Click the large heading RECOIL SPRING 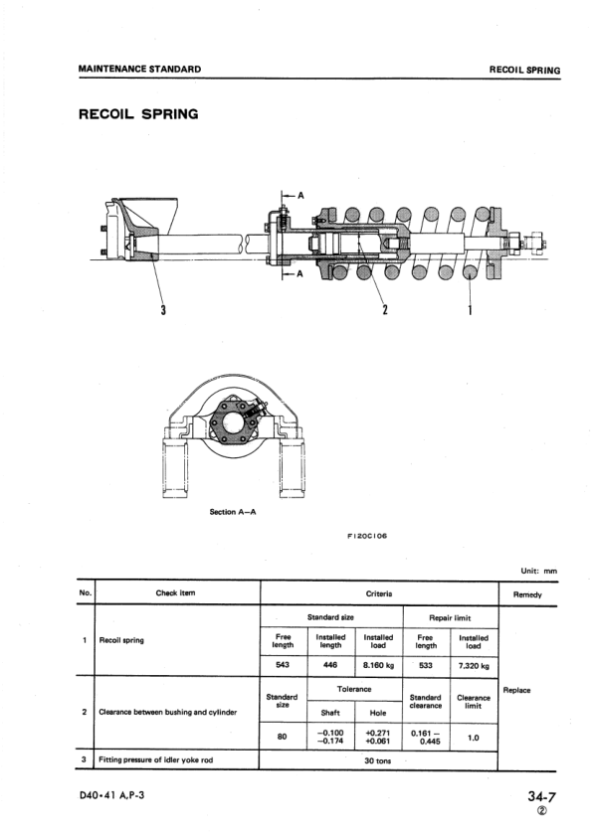pos(138,114)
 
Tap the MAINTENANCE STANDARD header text pos(139,69)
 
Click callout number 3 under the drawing pos(163,309)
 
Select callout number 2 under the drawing pos(385,309)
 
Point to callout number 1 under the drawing pos(470,309)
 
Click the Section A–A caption pos(233,512)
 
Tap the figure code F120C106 pos(367,536)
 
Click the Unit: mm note pos(539,571)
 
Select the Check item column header pos(175,592)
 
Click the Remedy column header pos(527,594)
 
